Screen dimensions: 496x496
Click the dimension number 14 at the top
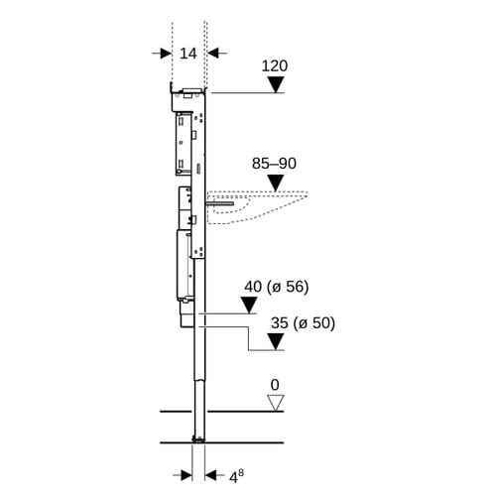pyautogui.click(x=188, y=54)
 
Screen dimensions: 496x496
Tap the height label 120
pyautogui.click(x=275, y=65)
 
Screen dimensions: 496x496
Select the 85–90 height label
pyautogui.click(x=274, y=164)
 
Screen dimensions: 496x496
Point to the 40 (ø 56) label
pyautogui.click(x=277, y=287)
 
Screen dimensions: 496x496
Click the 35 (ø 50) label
pyautogui.click(x=303, y=322)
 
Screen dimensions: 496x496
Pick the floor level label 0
pyautogui.click(x=275, y=385)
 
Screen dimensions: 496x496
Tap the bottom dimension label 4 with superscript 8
pyautogui.click(x=236, y=476)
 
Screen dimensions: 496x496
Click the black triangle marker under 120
pyautogui.click(x=276, y=84)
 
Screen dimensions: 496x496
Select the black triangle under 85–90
pyautogui.click(x=276, y=183)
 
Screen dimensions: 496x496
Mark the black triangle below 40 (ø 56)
pyautogui.click(x=249, y=305)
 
